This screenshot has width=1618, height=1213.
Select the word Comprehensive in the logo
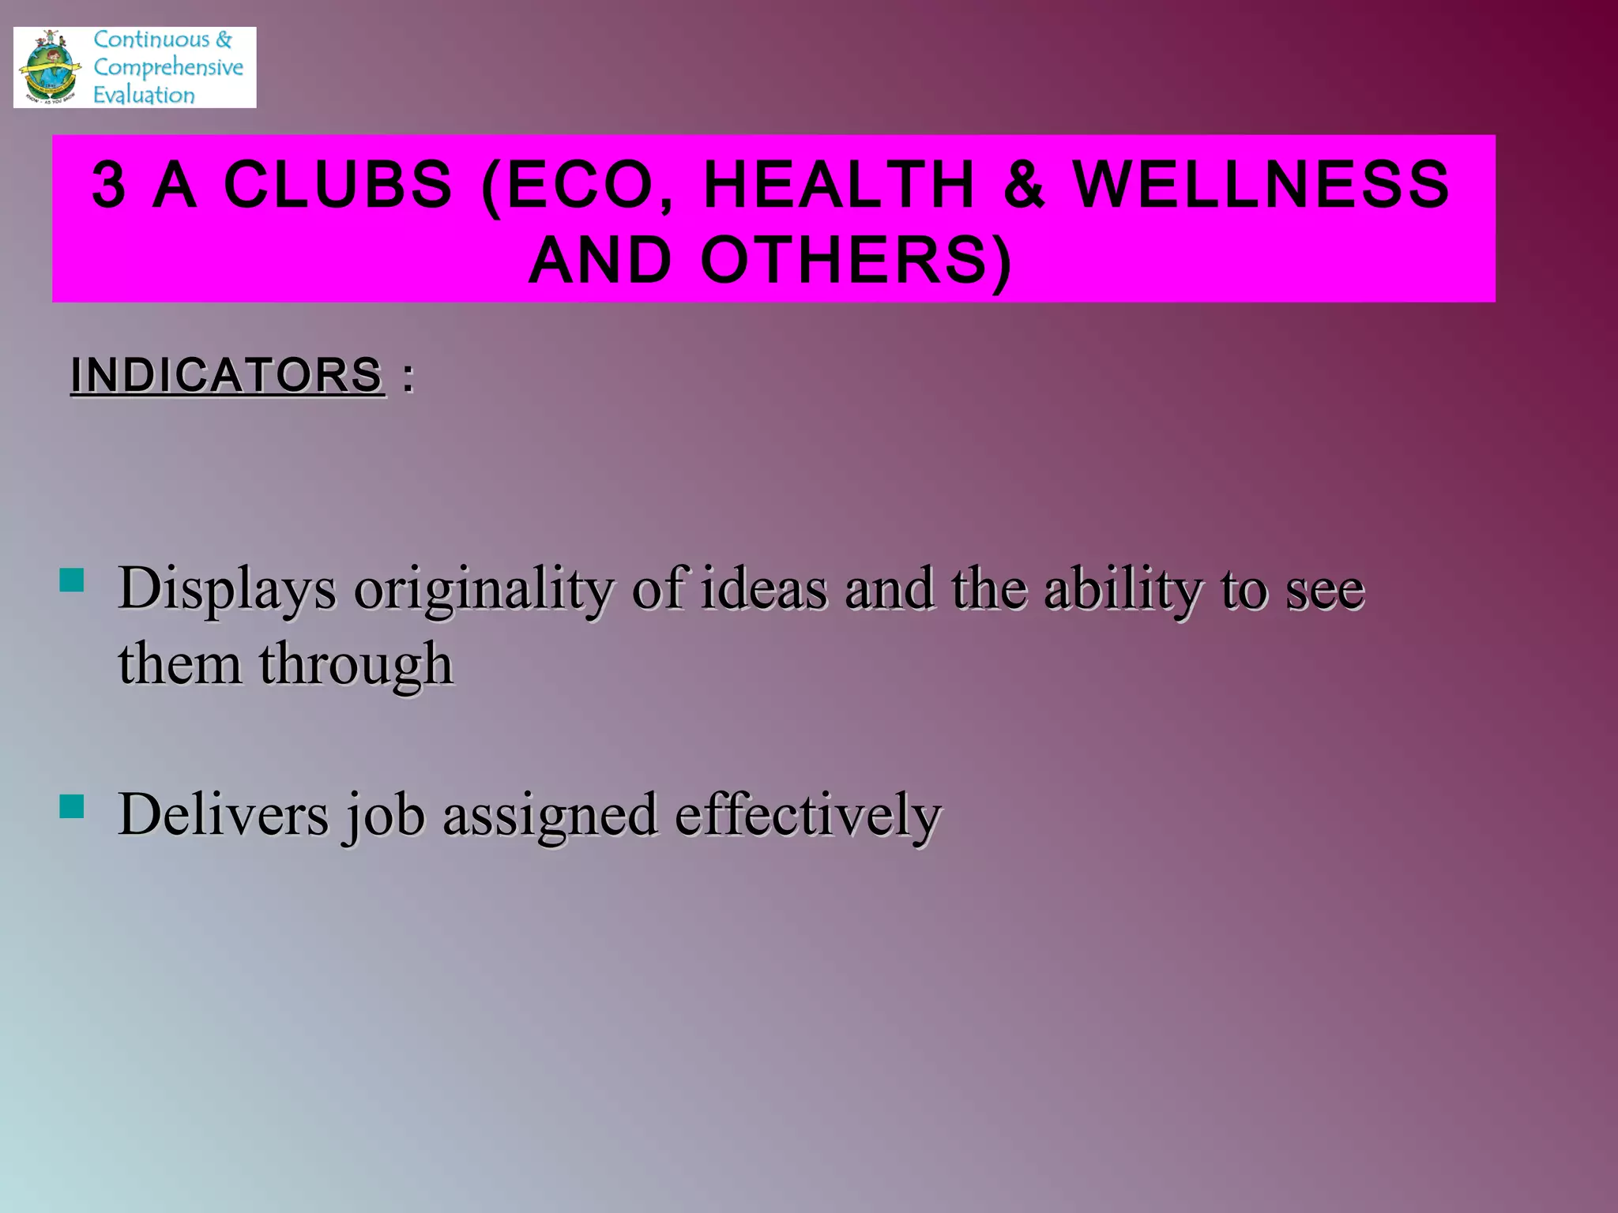point(168,67)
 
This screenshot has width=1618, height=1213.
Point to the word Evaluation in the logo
point(144,95)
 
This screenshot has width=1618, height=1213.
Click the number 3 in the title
point(109,185)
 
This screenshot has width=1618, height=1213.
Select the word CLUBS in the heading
point(338,185)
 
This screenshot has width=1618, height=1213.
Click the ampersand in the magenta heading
point(1024,185)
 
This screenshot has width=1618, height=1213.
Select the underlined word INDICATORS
point(228,374)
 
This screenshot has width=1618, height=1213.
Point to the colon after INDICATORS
point(408,377)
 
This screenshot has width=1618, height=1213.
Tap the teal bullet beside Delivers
point(72,806)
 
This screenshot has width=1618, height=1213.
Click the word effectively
point(807,815)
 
